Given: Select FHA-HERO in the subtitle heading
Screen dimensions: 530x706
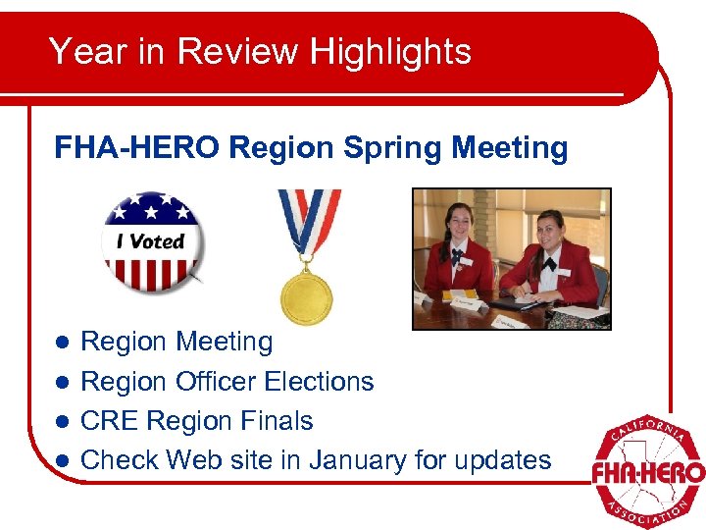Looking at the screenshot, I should click(137, 148).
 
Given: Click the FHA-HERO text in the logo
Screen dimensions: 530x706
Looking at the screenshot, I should click(647, 473).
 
